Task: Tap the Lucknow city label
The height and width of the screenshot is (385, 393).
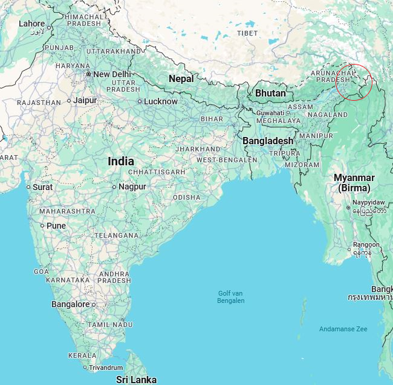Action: tap(160, 101)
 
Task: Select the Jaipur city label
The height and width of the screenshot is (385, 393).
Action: tap(85, 100)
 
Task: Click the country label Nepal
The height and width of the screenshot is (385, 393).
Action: tap(181, 78)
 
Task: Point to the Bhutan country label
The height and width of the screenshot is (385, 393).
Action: tap(270, 93)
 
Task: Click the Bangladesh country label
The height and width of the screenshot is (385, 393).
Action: tap(268, 141)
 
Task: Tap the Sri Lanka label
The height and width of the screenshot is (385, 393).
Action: tap(136, 380)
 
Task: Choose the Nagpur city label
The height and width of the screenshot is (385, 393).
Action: tap(132, 186)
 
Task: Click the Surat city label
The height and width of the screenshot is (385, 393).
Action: tap(43, 187)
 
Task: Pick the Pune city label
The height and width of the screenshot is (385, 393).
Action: tap(56, 226)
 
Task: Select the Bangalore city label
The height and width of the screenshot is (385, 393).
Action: tap(70, 304)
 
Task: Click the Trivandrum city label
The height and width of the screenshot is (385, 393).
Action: tap(106, 367)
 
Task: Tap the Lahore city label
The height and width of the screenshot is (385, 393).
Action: tap(31, 24)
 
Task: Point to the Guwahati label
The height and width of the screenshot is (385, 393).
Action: tap(270, 113)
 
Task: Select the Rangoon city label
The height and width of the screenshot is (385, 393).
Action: tap(368, 244)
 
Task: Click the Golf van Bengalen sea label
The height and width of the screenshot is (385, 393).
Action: tap(231, 297)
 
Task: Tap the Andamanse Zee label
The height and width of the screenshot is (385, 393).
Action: tap(343, 329)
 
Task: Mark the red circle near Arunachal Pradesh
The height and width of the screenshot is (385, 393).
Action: tap(354, 82)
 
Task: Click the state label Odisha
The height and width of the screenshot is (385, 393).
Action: tap(186, 197)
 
